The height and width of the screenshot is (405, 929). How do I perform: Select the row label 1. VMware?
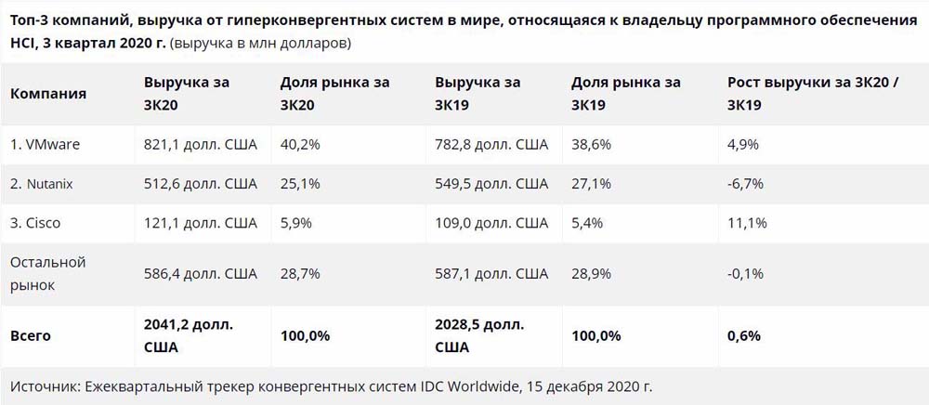coord(45,145)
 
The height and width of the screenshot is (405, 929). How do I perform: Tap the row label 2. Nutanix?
coord(41,184)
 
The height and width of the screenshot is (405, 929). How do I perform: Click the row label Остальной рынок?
coord(47,273)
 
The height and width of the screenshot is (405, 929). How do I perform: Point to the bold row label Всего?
coord(30,335)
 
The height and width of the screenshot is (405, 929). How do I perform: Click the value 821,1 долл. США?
coord(201,145)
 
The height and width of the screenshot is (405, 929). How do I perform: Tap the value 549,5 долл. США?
coord(491,184)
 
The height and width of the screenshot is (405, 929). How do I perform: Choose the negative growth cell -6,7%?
coord(745,184)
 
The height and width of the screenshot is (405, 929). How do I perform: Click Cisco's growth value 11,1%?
coord(747,223)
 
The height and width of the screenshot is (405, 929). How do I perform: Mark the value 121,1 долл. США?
coord(201,223)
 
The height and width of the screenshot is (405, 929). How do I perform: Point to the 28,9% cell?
coord(591,274)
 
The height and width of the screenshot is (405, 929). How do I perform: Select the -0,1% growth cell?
coord(745,274)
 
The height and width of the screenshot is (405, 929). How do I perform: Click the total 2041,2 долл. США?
coord(189,335)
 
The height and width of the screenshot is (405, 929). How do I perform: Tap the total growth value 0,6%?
coord(743,335)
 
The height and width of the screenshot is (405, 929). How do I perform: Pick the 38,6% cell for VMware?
coord(591,145)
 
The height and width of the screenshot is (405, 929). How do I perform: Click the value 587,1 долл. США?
coord(491,274)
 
